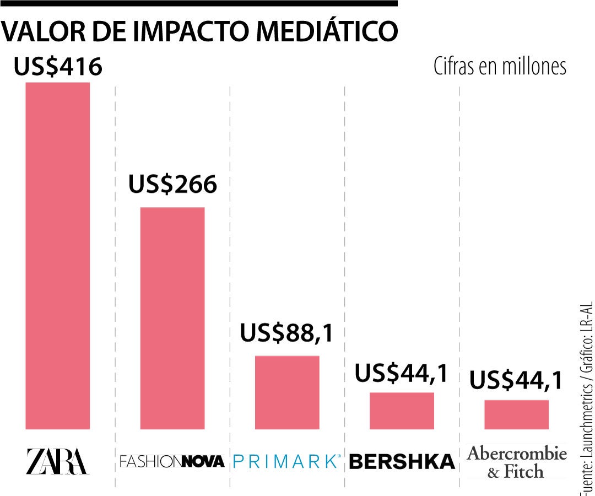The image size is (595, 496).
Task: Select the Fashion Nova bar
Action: tap(172, 318)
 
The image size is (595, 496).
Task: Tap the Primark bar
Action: tap(287, 392)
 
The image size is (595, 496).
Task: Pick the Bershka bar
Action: tap(402, 411)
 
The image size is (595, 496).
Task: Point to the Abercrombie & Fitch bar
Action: tap(516, 414)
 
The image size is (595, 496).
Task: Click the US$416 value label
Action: tap(58, 67)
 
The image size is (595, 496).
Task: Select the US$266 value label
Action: tap(172, 185)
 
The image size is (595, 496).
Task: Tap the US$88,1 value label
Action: tap(287, 333)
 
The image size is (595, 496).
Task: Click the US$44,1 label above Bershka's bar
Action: tap(402, 373)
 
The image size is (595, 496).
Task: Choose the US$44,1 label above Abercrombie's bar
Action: tap(516, 381)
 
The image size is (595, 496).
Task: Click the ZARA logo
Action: tap(57, 461)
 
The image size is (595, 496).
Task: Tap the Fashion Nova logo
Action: tap(172, 461)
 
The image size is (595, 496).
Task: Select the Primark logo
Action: tap(287, 461)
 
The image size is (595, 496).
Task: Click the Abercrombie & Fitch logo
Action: tap(517, 462)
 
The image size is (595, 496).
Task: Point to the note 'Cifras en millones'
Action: tap(500, 67)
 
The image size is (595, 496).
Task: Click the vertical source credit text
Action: tap(586, 397)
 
